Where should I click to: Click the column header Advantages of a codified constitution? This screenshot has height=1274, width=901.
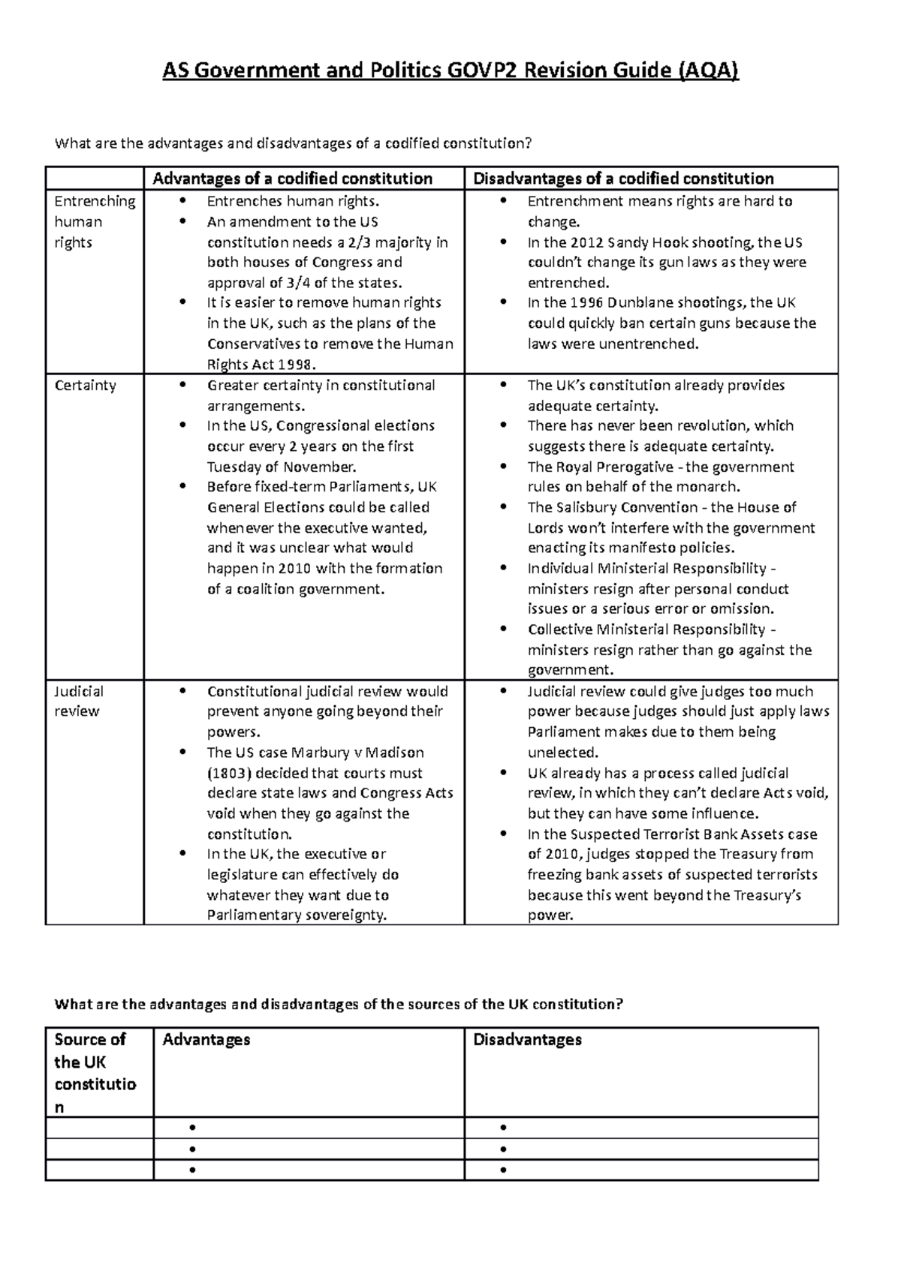click(x=292, y=179)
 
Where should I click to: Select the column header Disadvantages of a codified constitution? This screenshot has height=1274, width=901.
click(x=623, y=179)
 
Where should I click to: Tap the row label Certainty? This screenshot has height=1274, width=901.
click(x=85, y=386)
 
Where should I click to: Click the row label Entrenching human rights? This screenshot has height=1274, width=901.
click(x=94, y=221)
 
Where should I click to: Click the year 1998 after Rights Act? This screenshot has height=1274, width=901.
click(x=294, y=365)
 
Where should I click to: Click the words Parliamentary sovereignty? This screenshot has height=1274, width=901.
click(x=297, y=915)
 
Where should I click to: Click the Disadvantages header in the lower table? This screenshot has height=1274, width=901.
click(x=528, y=1039)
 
